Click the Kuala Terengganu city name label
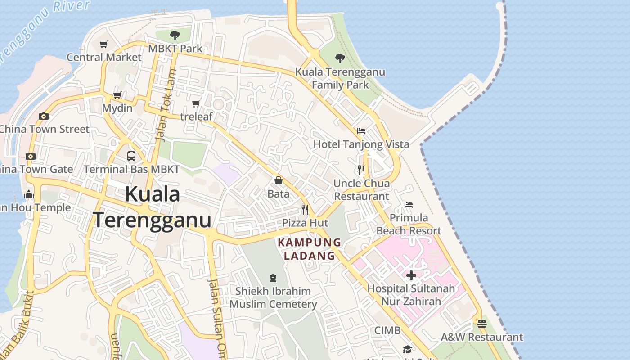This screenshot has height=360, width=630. pos(152,207)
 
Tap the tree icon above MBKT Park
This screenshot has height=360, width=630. pos(175,35)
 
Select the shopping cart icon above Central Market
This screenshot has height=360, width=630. pos(104,44)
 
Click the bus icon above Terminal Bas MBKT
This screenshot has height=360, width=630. pos(131,156)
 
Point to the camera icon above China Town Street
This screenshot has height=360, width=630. pos(43,116)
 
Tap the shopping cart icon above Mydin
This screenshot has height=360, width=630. pos(117,95)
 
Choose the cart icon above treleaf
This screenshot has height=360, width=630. pos(196,104)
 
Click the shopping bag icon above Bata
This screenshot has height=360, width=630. pos(279,181)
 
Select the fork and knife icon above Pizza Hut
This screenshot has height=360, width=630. pos(305,209)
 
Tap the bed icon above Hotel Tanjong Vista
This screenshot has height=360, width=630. pos(361,131)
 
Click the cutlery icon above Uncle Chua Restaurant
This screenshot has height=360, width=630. pos(361,170)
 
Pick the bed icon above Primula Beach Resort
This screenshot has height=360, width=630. pos(409,205)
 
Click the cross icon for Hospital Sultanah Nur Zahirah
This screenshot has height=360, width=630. pos(411,275)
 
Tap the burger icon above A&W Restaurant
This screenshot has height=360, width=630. pos(482,324)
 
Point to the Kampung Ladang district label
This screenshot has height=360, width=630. pos(309,249)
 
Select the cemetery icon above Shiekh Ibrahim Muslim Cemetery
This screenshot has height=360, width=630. pos(273,278)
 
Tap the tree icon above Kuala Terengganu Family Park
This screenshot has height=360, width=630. pos(340,58)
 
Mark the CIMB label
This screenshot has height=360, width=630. pos(387,330)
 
